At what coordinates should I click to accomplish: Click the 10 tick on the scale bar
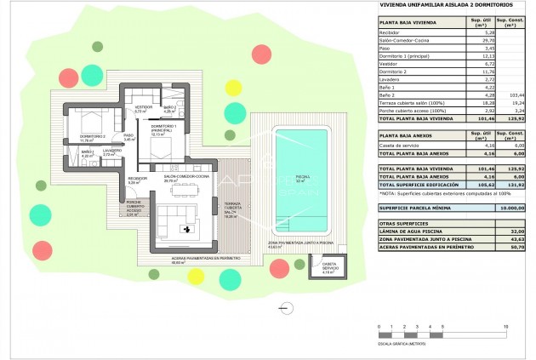(x=505, y=327)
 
